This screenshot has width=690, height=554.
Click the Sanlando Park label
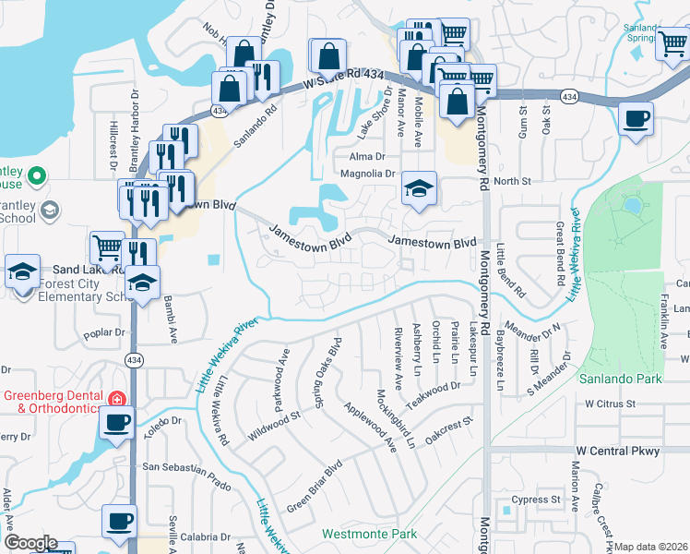(x=621, y=379)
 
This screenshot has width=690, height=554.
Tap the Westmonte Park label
(x=369, y=535)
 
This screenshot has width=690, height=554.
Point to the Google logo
(x=30, y=543)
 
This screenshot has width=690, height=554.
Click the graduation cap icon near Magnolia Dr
(x=419, y=189)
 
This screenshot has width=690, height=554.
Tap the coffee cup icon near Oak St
(x=636, y=119)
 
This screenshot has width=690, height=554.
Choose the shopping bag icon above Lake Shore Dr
(x=327, y=57)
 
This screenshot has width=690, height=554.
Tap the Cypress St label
(x=538, y=500)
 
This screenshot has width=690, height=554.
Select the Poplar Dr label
(x=103, y=332)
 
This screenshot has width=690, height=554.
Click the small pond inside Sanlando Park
(x=632, y=204)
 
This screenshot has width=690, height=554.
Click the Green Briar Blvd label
(x=314, y=487)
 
